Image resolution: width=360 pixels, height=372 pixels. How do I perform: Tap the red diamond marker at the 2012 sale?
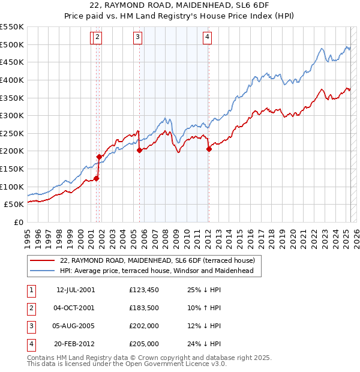point(209,149)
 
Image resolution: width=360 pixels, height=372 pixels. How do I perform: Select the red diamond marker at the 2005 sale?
point(139,151)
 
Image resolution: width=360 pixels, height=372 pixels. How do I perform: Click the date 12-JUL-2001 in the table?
point(75,290)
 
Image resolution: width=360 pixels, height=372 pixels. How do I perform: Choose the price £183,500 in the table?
point(144,308)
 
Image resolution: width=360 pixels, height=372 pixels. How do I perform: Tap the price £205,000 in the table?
point(144,344)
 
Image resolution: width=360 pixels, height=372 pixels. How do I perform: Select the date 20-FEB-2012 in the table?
point(75,344)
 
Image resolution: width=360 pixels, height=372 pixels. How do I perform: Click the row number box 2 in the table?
point(30,308)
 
